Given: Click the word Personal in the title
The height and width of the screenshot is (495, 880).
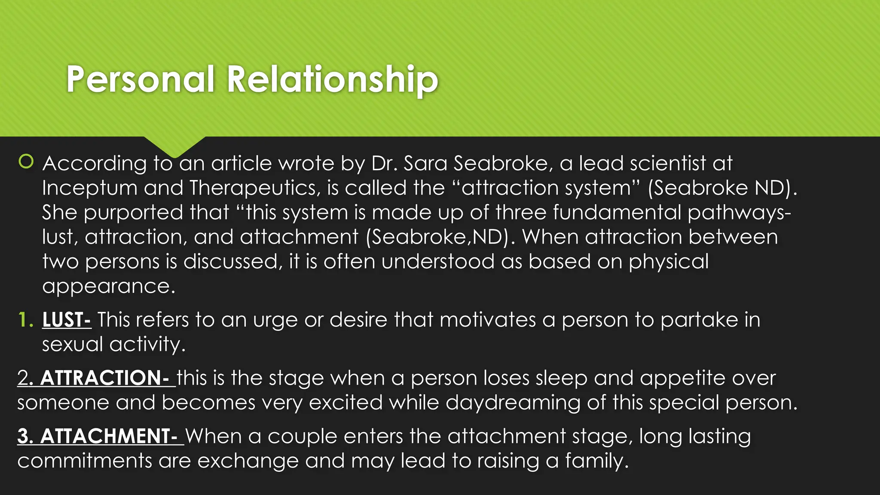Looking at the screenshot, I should click(140, 79).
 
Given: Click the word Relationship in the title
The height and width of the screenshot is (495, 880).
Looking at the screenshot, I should click(332, 79).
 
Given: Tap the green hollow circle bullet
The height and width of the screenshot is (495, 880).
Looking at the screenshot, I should click(26, 162).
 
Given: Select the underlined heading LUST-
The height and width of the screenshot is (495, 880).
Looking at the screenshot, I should click(66, 320).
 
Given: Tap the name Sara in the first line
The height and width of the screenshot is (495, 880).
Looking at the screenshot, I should click(425, 164).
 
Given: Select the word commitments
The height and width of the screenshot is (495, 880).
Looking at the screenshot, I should click(85, 461).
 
